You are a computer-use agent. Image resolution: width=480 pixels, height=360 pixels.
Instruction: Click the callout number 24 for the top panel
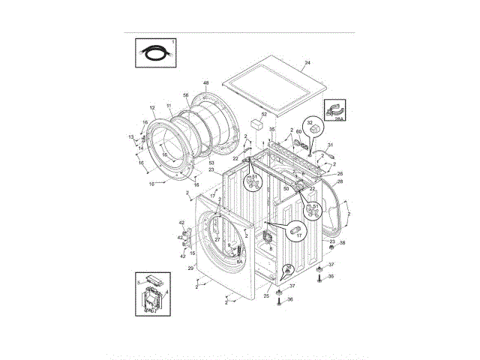pyautogui.click(x=307, y=64)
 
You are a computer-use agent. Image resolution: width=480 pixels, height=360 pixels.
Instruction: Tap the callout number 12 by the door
pyautogui.click(x=152, y=108)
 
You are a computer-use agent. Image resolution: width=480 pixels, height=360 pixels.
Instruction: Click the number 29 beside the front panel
pyautogui.click(x=190, y=268)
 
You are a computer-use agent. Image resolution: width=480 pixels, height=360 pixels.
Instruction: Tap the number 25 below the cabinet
pyautogui.click(x=266, y=296)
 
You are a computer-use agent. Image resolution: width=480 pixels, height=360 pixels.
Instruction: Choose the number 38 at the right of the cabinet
pyautogui.click(x=343, y=243)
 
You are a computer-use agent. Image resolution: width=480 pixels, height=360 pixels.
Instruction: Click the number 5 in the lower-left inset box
pyautogui.click(x=139, y=282)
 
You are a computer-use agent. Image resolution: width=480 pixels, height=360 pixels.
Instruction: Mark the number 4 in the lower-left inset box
pyautogui.click(x=166, y=292)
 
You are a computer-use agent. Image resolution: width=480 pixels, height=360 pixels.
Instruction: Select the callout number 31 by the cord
pyautogui.click(x=330, y=145)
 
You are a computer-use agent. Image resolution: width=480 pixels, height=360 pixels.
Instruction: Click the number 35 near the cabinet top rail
pyautogui.click(x=272, y=129)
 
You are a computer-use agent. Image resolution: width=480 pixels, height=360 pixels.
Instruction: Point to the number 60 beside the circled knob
pyautogui.click(x=298, y=133)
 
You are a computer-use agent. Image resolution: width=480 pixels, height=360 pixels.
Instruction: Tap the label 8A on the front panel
pyautogui.click(x=239, y=262)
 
